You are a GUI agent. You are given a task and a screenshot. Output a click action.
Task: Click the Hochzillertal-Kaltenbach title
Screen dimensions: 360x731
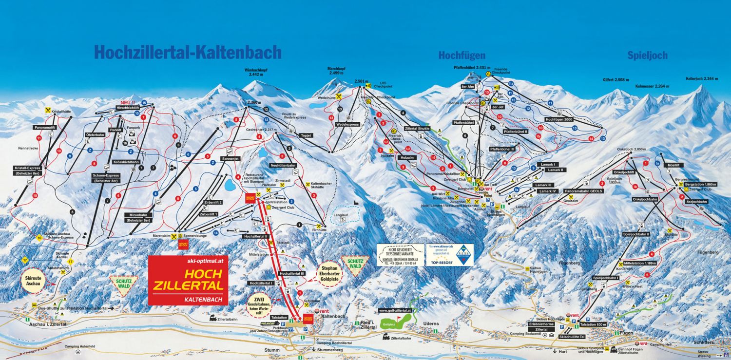click(x=188, y=52)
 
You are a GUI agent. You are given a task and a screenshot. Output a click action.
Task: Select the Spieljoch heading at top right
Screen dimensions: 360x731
click(x=647, y=55)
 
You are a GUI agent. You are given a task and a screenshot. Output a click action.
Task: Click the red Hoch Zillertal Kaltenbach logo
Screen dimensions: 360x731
click(x=188, y=280)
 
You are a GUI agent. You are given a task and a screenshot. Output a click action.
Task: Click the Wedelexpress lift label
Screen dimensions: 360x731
click(x=347, y=124)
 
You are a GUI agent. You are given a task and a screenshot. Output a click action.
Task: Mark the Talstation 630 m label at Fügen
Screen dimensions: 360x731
click(x=594, y=324)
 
